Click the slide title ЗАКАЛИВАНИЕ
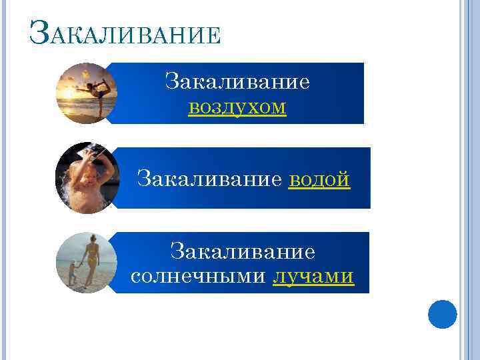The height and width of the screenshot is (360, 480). click(125, 34)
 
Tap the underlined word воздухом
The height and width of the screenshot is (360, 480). click(237, 107)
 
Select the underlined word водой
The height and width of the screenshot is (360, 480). click(319, 179)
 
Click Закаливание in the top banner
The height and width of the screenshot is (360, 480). click(237, 82)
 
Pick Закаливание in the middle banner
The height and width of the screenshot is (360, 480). click(211, 179)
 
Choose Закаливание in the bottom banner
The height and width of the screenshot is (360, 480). click(242, 251)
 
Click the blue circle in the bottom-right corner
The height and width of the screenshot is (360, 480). click(442, 313)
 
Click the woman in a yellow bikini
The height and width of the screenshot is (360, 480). click(91, 260)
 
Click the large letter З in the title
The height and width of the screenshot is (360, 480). click(38, 32)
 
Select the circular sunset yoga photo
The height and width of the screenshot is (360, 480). click(86, 93)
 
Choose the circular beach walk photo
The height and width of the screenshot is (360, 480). click(86, 263)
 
